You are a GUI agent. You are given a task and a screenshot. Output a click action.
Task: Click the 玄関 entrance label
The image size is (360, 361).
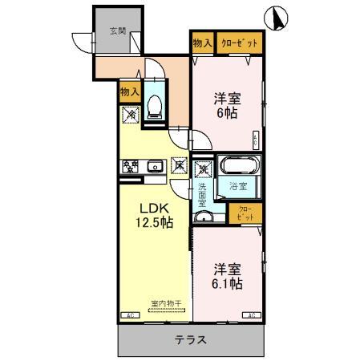coord(117,32)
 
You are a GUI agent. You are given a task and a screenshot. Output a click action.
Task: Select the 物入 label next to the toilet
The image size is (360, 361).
coord(130,93)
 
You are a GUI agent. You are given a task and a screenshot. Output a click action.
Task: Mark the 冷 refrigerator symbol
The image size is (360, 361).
coord(131,115)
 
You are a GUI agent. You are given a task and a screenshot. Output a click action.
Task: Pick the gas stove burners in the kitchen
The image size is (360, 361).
coord(131,167)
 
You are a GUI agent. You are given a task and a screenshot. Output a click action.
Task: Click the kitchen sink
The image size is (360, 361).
coord(156,167)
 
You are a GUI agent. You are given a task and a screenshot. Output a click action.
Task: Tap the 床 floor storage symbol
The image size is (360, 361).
coord(180,167)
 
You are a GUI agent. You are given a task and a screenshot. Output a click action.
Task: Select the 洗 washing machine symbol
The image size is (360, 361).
coord(204,168)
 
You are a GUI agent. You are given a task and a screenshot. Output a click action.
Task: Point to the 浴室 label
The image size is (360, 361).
coord(237,188)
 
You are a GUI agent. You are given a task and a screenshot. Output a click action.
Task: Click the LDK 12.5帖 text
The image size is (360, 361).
coord(153,216)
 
